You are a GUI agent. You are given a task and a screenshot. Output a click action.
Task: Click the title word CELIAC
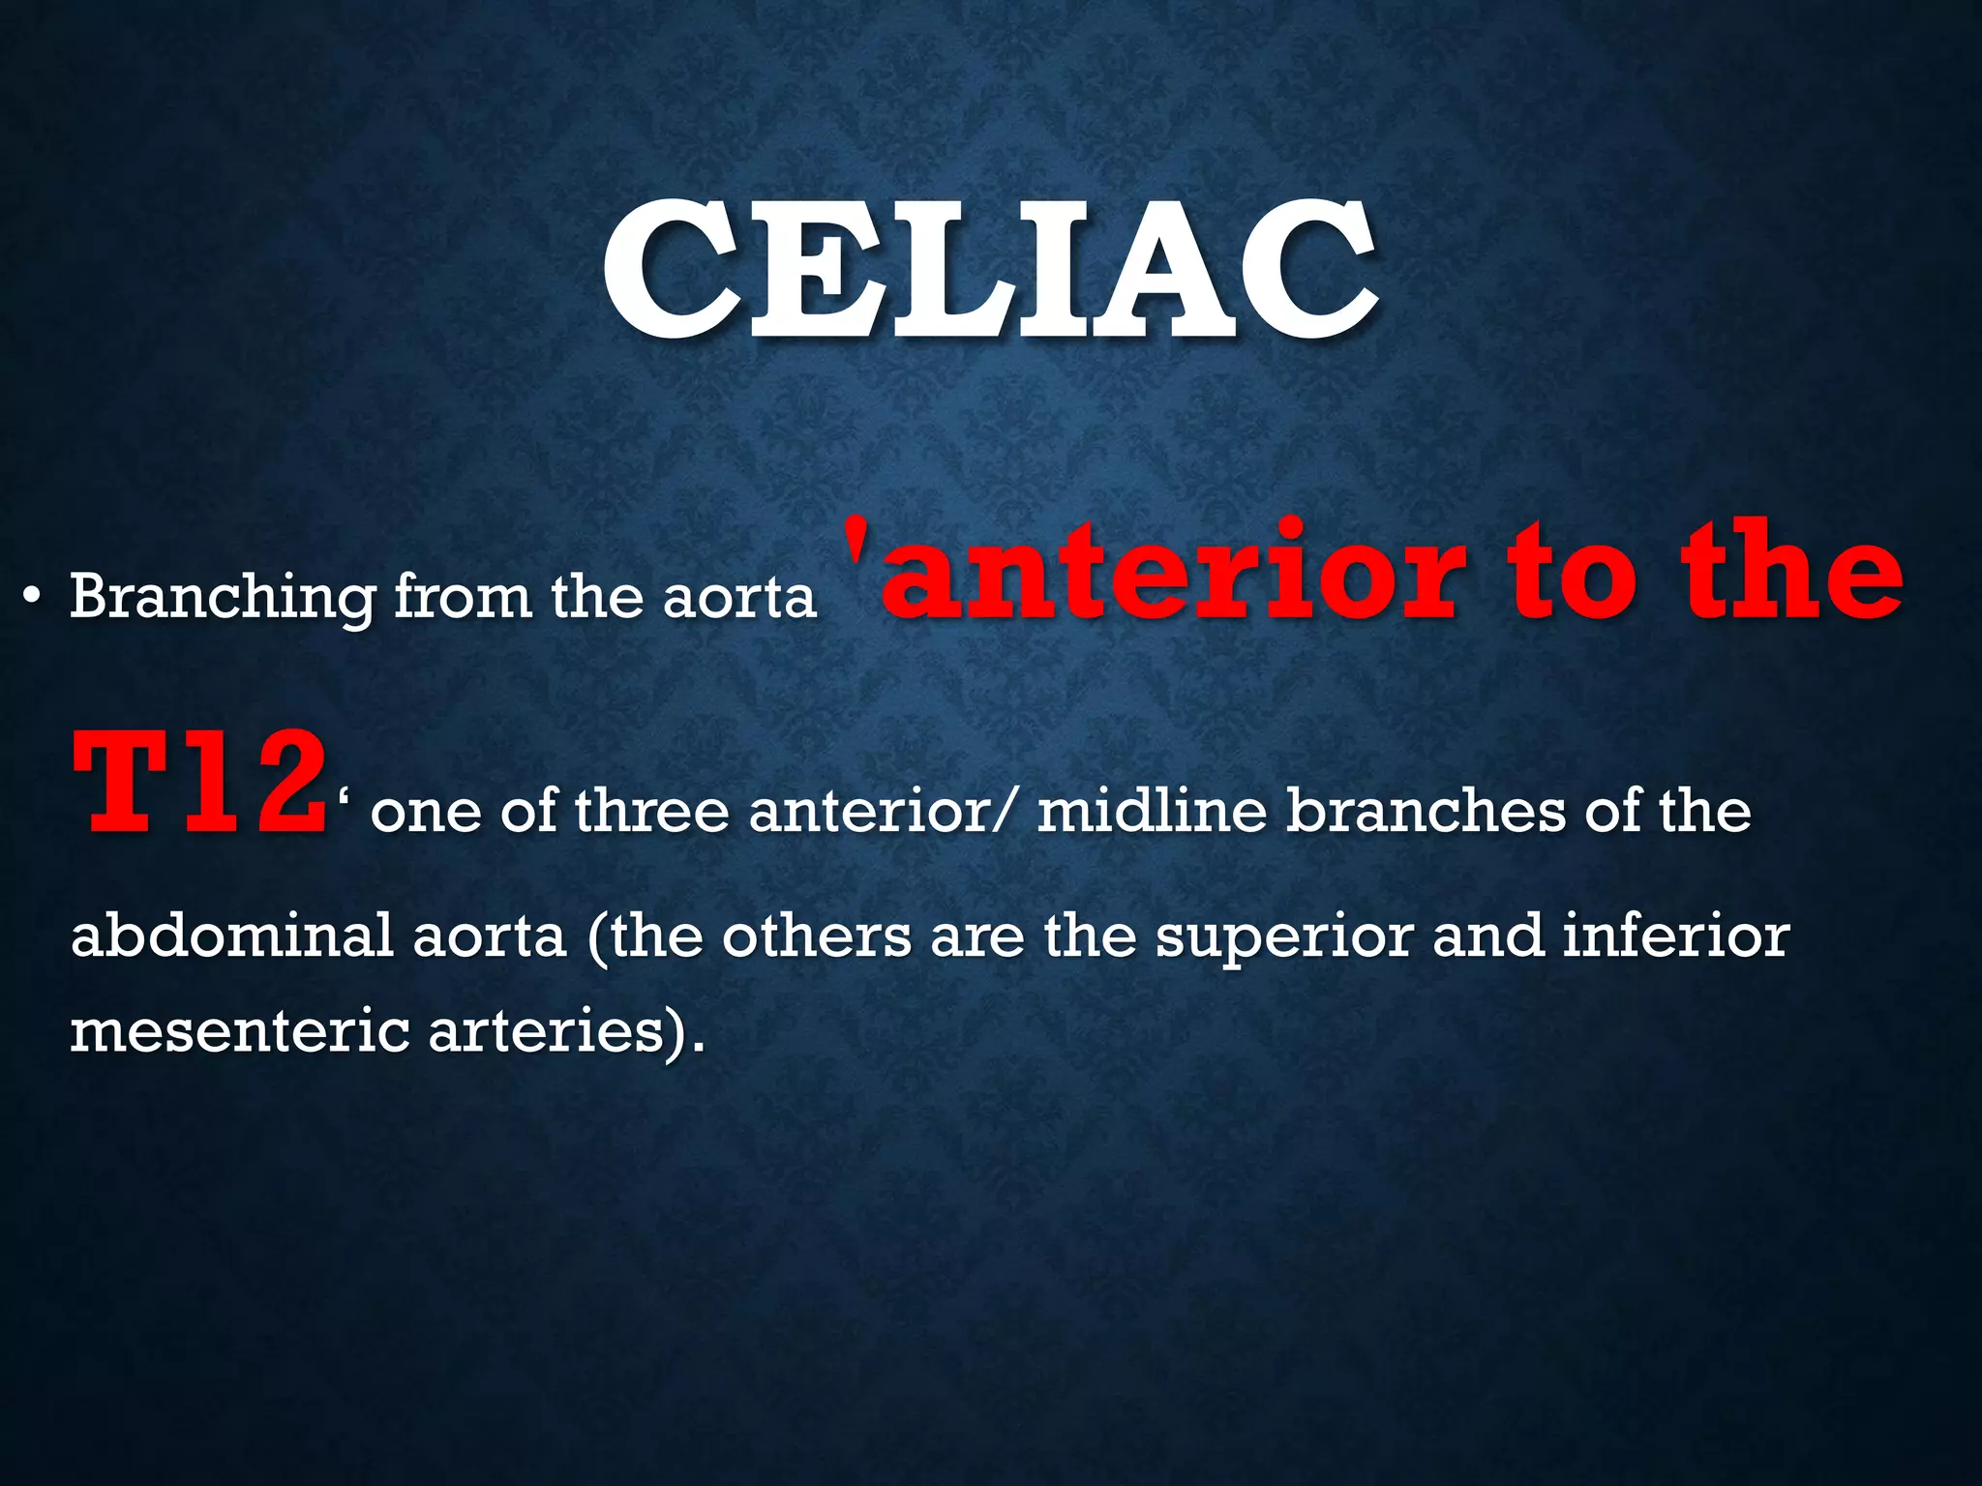(x=989, y=271)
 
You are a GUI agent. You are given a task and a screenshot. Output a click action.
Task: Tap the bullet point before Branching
(x=32, y=597)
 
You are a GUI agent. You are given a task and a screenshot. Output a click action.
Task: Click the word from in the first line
(x=463, y=596)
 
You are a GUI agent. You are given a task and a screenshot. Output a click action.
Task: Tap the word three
(x=651, y=811)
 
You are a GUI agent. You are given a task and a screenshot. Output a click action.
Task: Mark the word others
(x=816, y=936)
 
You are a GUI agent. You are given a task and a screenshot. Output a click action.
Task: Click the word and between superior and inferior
(x=1488, y=936)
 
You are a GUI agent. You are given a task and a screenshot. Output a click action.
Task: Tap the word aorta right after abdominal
(x=490, y=936)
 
